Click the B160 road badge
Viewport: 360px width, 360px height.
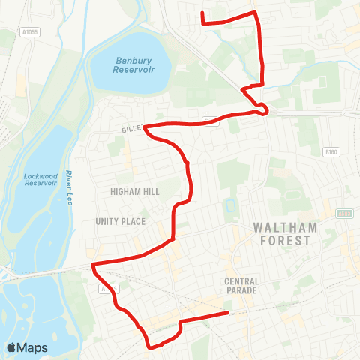tap(331, 152)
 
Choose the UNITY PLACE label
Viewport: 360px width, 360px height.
tap(120, 221)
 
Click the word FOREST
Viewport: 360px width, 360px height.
tap(281, 241)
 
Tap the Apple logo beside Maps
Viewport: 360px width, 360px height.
tap(12, 347)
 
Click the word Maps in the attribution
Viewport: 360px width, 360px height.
tap(33, 347)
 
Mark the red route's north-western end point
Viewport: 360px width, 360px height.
tap(202, 13)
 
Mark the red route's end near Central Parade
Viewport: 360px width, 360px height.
tap(227, 313)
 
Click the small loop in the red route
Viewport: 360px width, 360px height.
tap(263, 111)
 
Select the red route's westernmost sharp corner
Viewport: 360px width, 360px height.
tap(92, 264)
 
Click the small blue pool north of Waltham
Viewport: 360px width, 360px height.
tap(229, 205)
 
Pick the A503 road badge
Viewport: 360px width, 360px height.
tap(344, 214)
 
